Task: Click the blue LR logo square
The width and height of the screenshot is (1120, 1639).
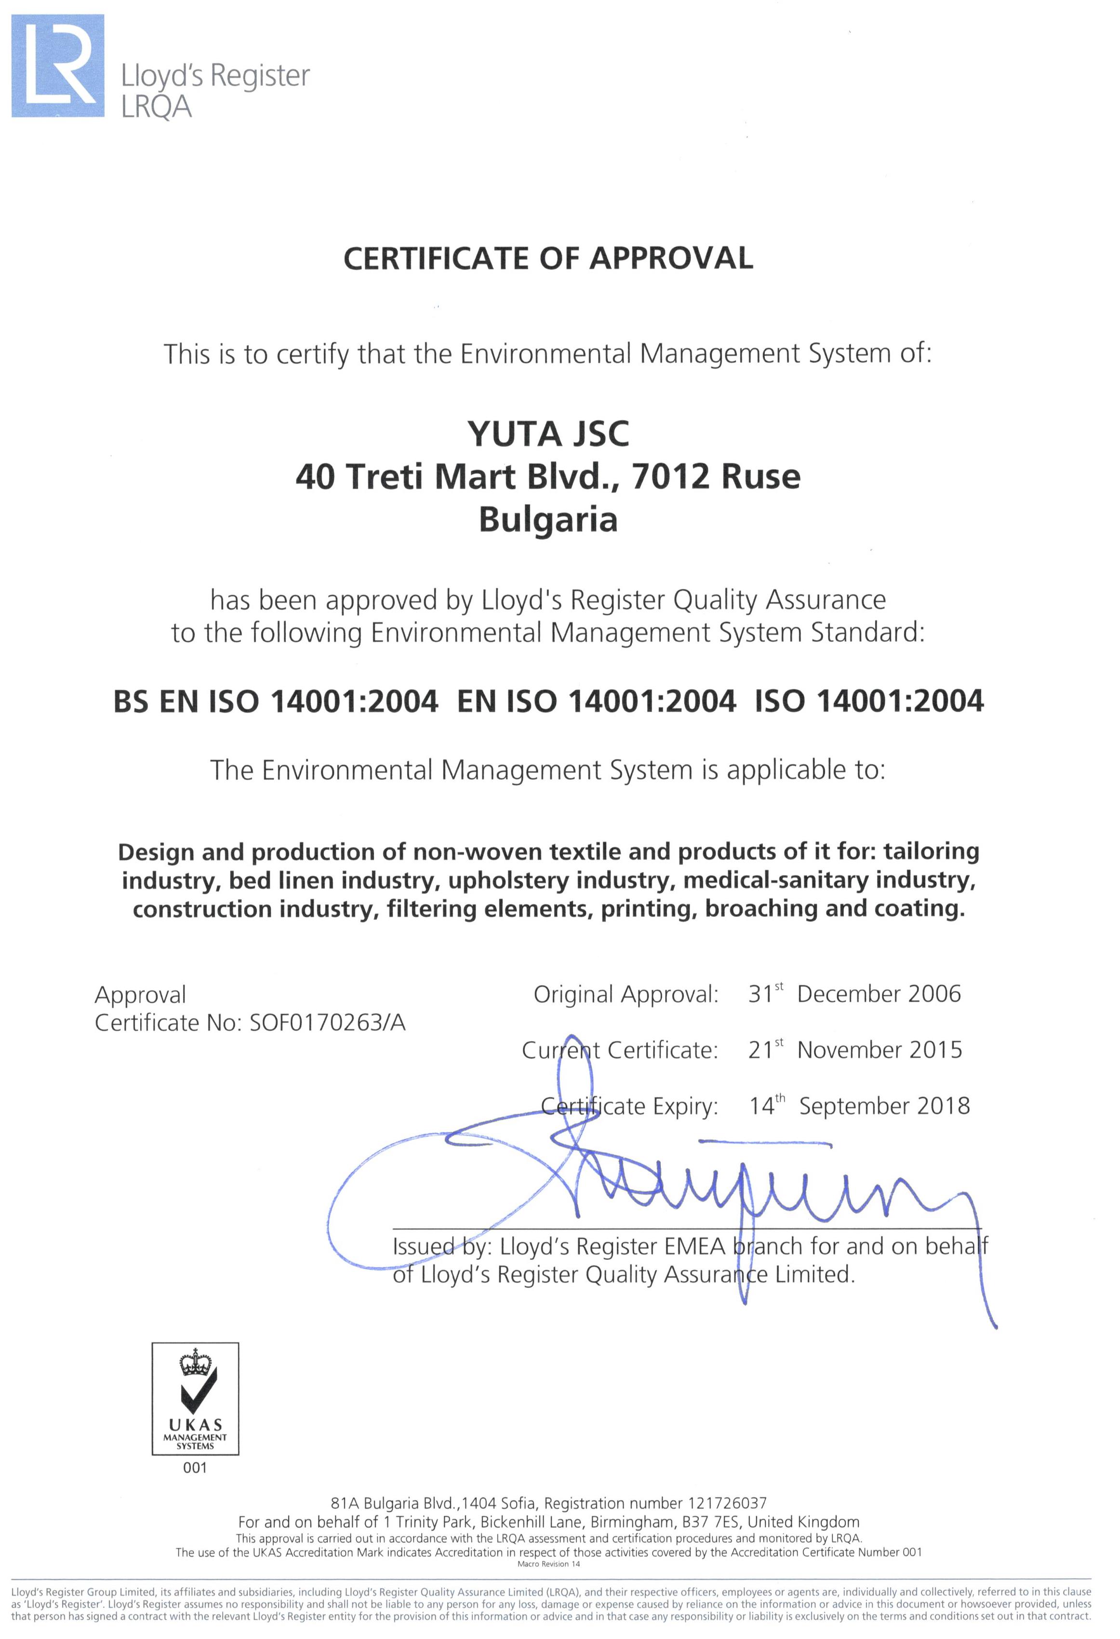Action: point(58,66)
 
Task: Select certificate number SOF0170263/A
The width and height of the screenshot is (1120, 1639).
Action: point(328,1023)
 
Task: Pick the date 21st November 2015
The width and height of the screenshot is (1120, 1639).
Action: point(855,1050)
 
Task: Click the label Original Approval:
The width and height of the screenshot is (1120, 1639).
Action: point(626,994)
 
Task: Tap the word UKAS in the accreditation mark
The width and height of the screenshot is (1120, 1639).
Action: point(195,1425)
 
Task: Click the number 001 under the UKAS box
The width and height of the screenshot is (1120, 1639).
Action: point(195,1468)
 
